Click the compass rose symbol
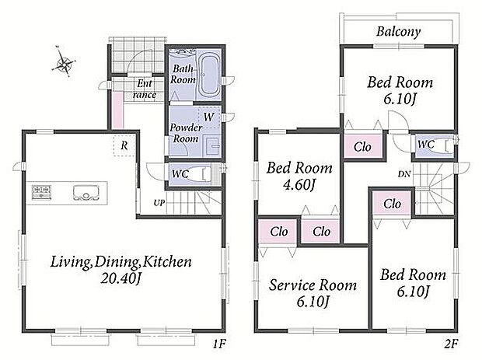pyautogui.click(x=63, y=61)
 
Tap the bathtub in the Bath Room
pyautogui.click(x=210, y=75)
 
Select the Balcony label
pyautogui.click(x=398, y=32)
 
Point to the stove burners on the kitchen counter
pyautogui.click(x=41, y=192)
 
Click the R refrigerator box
pyautogui.click(x=124, y=145)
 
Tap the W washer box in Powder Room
pyautogui.click(x=209, y=117)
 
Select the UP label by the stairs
pyautogui.click(x=159, y=203)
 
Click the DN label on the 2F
pyautogui.click(x=404, y=174)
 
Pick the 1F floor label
pyautogui.click(x=219, y=344)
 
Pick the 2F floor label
pyautogui.click(x=451, y=344)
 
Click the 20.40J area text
pyautogui.click(x=120, y=278)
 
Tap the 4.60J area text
pyautogui.click(x=299, y=185)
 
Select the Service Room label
pyautogui.click(x=313, y=285)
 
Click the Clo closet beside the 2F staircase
pyautogui.click(x=392, y=204)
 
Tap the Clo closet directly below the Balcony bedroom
pyautogui.click(x=362, y=147)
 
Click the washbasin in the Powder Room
pyautogui.click(x=213, y=146)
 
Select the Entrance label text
pyautogui.click(x=145, y=89)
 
